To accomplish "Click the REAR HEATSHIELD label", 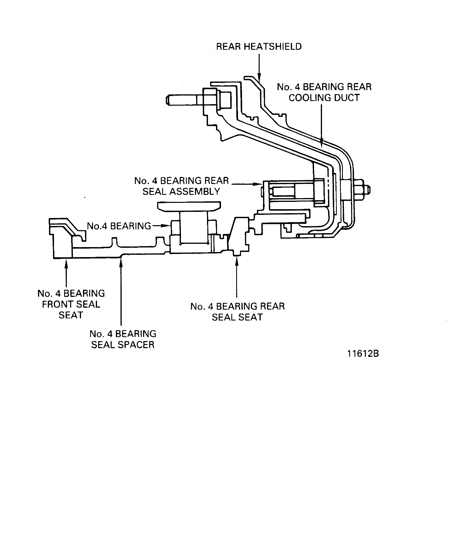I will coord(259,47).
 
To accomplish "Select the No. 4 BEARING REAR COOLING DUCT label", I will coord(324,92).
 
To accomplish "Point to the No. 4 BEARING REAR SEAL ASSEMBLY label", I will coord(181,186).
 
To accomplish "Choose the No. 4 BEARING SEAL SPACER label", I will coord(123,339).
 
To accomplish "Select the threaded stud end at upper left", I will coord(181,100).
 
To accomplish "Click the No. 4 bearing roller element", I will coord(193,227).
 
